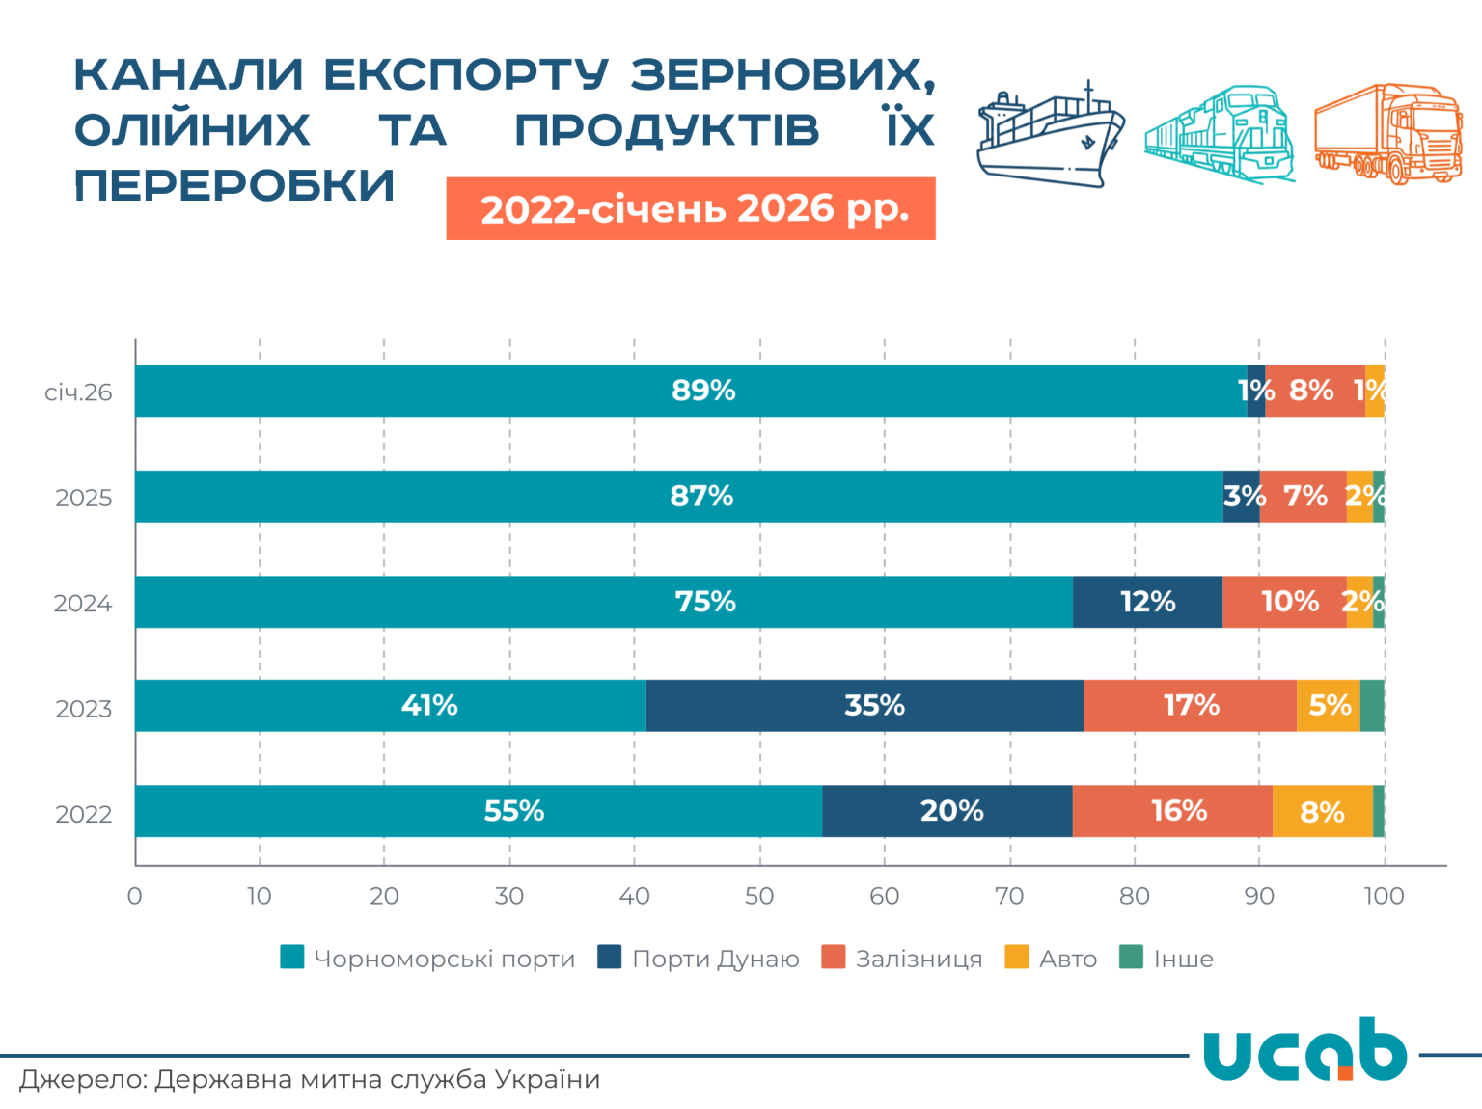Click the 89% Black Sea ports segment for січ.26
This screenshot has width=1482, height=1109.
click(x=691, y=391)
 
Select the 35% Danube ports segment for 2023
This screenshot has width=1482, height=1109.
click(x=864, y=706)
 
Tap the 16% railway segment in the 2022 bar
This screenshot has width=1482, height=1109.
click(x=1172, y=811)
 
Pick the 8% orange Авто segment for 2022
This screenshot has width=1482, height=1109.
click(x=1322, y=811)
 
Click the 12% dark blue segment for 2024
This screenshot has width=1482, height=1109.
click(x=1147, y=602)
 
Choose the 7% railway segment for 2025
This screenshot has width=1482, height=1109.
click(x=1303, y=497)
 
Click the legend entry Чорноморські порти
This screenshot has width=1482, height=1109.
click(x=427, y=959)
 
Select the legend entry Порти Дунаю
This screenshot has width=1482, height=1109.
click(x=699, y=959)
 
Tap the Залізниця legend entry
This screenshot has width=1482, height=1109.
click(x=902, y=959)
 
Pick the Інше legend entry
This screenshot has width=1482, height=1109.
click(x=1166, y=959)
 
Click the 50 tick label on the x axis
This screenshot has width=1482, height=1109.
click(x=759, y=896)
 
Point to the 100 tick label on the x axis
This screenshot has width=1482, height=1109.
click(x=1384, y=896)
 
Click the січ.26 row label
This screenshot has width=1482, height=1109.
click(x=78, y=392)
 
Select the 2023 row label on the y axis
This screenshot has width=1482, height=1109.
click(x=84, y=709)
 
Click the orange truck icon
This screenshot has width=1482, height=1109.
click(x=1388, y=134)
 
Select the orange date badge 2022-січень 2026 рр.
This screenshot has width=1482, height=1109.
click(x=691, y=208)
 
